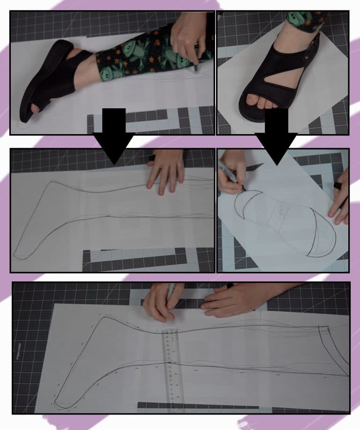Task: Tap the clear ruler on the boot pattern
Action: coord(172,370)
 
